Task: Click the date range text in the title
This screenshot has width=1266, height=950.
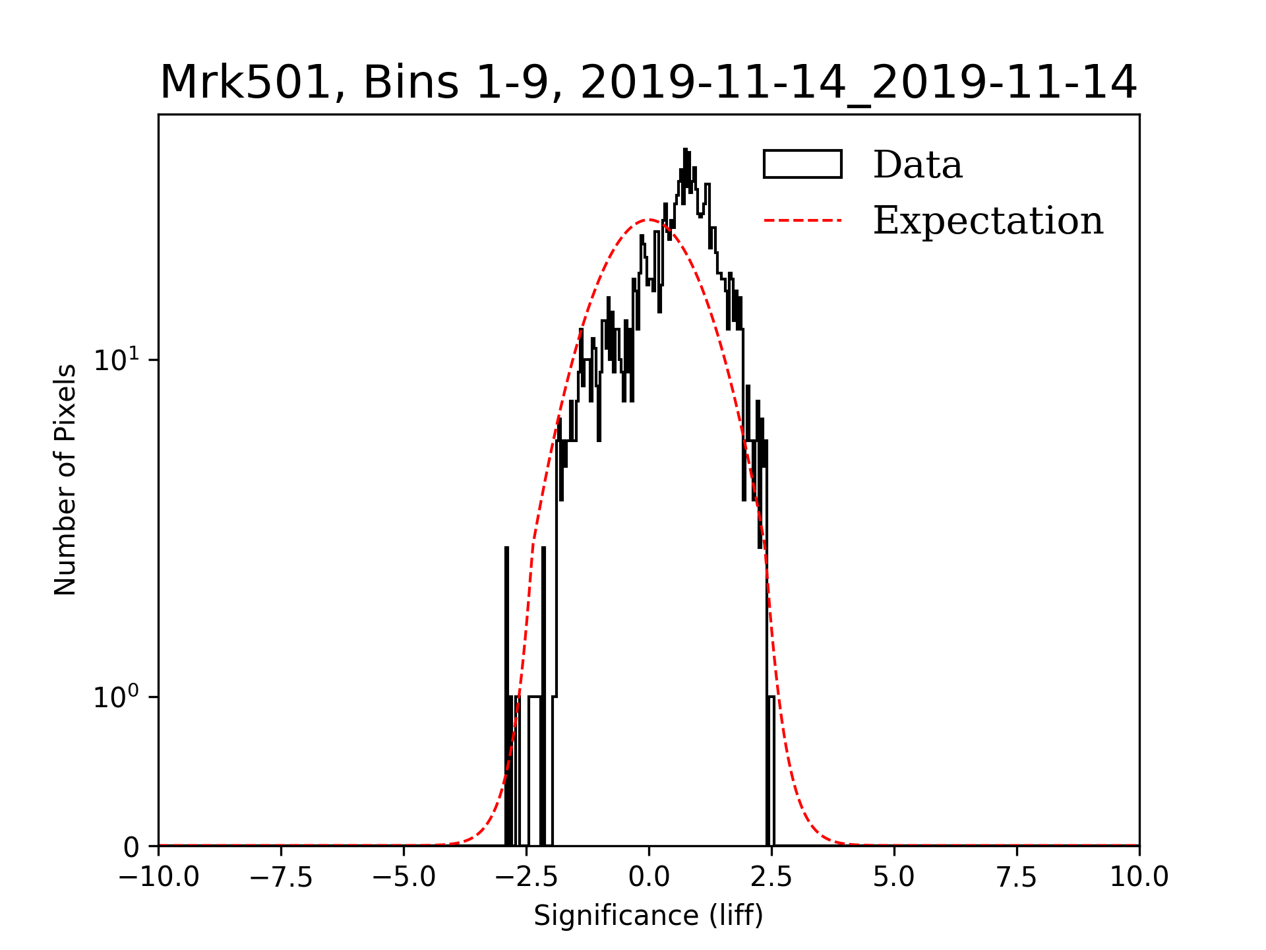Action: pyautogui.click(x=858, y=83)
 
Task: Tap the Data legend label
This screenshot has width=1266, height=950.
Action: pyautogui.click(x=917, y=165)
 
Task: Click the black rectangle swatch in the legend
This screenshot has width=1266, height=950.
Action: pyautogui.click(x=802, y=164)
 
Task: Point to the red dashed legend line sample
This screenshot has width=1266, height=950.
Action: pyautogui.click(x=802, y=220)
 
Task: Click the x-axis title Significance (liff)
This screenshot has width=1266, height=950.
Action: pyautogui.click(x=648, y=916)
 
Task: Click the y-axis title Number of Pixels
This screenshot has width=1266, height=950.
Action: pyautogui.click(x=65, y=480)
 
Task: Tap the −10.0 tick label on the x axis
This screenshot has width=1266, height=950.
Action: pyautogui.click(x=158, y=877)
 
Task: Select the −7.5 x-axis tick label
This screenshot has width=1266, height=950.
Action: pyautogui.click(x=281, y=877)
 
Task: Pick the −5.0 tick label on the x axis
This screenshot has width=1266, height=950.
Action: pyautogui.click(x=404, y=877)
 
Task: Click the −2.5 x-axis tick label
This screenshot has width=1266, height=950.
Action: pyautogui.click(x=526, y=877)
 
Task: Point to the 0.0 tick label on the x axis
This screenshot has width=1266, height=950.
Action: pyautogui.click(x=649, y=877)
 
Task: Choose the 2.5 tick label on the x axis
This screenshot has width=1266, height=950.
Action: pyautogui.click(x=771, y=877)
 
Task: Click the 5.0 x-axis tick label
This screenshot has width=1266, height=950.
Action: pyautogui.click(x=894, y=877)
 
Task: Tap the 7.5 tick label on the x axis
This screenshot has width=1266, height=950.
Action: pyautogui.click(x=1017, y=877)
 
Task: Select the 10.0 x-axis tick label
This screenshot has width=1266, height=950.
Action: pyautogui.click(x=1139, y=877)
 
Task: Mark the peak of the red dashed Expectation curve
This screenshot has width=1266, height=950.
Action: pyautogui.click(x=649, y=220)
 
